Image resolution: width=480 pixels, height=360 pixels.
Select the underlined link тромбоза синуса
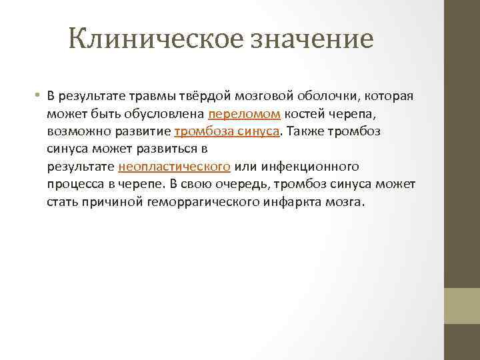tap(227, 131)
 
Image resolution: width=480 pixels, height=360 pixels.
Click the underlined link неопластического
tap(175, 166)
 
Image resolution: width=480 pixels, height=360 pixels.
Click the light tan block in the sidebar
tap(462, 306)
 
